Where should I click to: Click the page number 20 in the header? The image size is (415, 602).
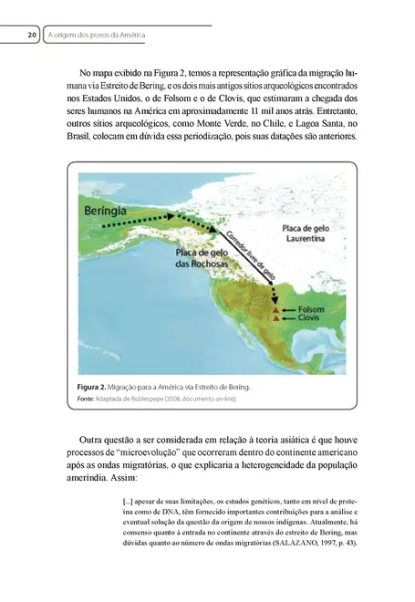(31, 36)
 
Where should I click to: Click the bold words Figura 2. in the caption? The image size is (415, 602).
(96, 387)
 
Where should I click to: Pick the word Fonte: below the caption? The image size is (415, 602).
(88, 400)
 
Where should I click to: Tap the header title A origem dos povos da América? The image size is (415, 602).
(96, 36)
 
